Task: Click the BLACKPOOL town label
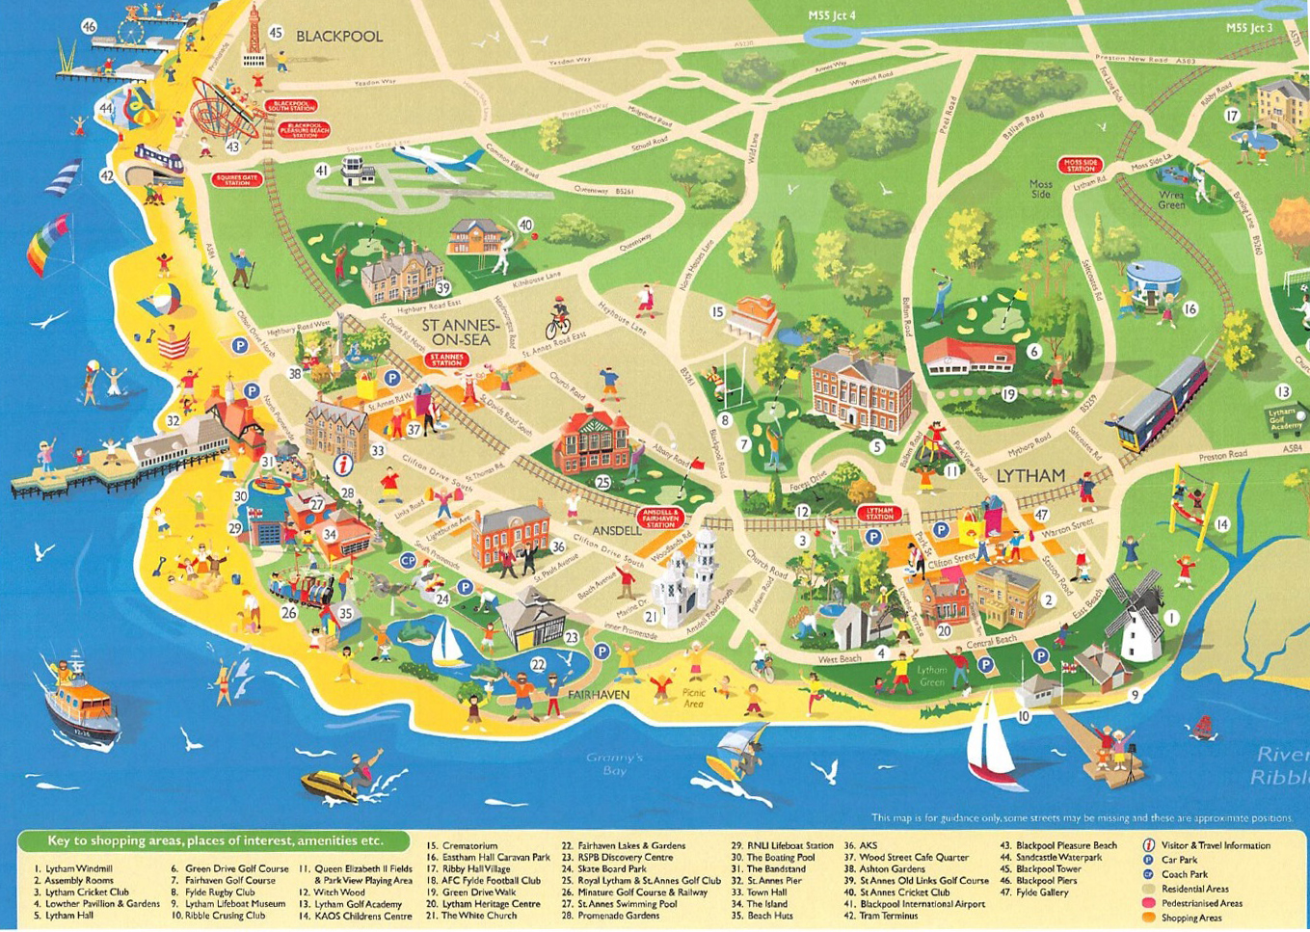pos(338,37)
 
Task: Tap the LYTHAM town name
pos(1029,476)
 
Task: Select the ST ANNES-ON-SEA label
pos(460,333)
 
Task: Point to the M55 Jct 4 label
pos(831,15)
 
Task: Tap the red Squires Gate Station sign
pos(237,180)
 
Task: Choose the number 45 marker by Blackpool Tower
pos(275,33)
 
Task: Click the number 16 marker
pos(1190,309)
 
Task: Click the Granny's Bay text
pos(614,763)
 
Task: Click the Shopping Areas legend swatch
pos(1148,918)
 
